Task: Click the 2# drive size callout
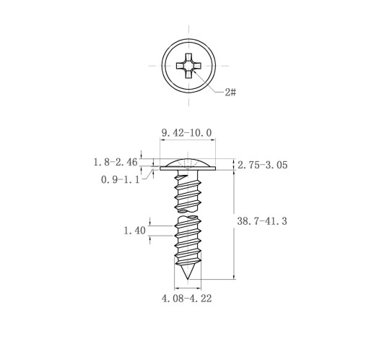point(230,92)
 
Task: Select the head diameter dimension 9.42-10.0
point(187,133)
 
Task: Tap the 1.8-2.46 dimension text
point(116,162)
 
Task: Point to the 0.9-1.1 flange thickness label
point(120,179)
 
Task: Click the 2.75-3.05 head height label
point(263,165)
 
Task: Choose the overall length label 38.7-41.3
point(262,221)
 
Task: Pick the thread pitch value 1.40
point(134,231)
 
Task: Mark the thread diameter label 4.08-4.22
point(187,299)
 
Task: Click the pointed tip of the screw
point(188,280)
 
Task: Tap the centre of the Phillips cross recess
point(188,66)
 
